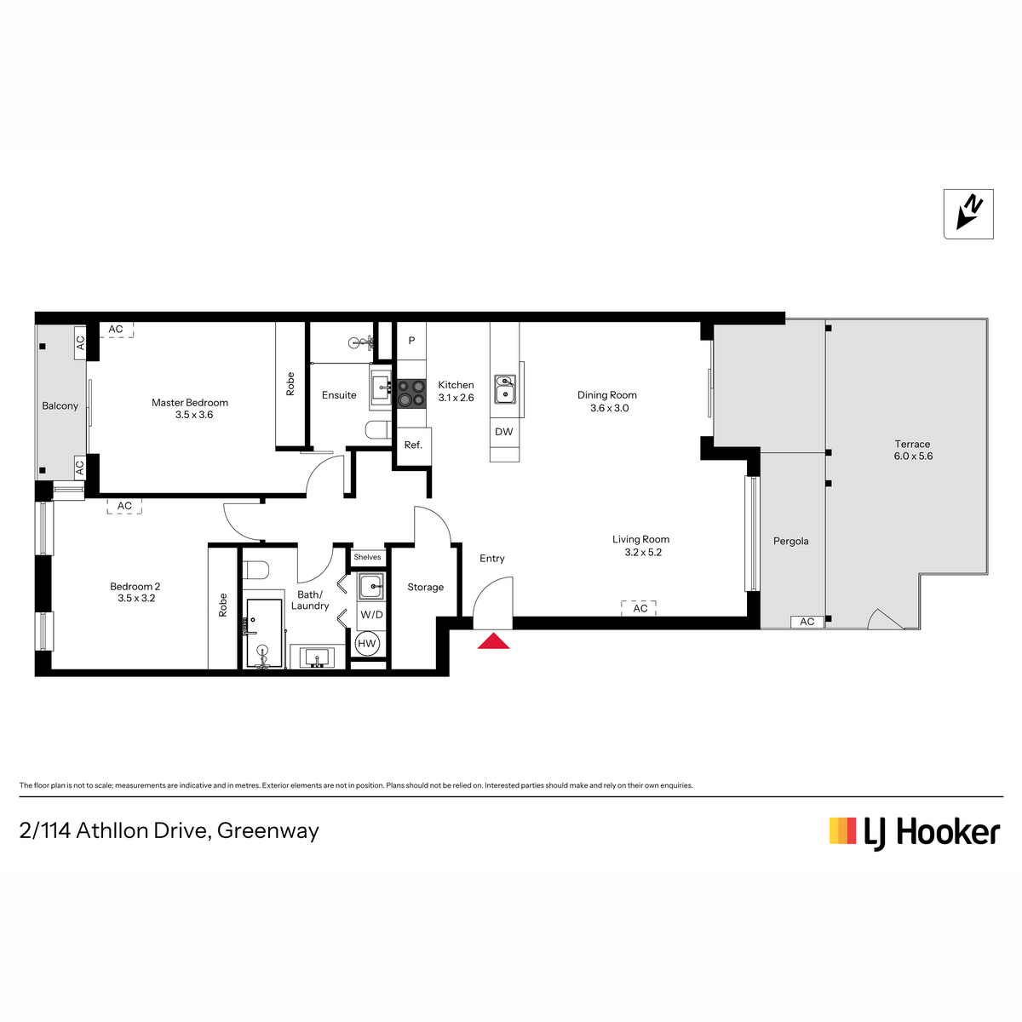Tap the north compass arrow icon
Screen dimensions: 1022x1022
click(967, 214)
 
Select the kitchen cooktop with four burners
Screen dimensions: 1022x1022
click(411, 393)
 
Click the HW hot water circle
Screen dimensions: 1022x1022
click(366, 644)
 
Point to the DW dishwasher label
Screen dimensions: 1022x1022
click(504, 432)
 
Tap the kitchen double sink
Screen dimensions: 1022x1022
click(505, 388)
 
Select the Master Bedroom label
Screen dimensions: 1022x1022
click(190, 403)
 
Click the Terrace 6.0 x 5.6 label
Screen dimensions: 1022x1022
click(913, 450)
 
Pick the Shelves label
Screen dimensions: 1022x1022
click(368, 557)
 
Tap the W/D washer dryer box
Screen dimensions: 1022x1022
click(371, 615)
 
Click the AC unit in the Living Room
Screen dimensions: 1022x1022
click(639, 608)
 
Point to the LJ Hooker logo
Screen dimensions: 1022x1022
click(915, 832)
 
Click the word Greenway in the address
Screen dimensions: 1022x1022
click(267, 830)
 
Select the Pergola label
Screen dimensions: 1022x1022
click(790, 541)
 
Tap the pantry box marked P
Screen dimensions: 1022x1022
click(411, 341)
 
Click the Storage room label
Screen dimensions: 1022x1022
click(425, 587)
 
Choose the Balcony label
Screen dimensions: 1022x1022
click(60, 405)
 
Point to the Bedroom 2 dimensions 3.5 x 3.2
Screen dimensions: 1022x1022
click(136, 598)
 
